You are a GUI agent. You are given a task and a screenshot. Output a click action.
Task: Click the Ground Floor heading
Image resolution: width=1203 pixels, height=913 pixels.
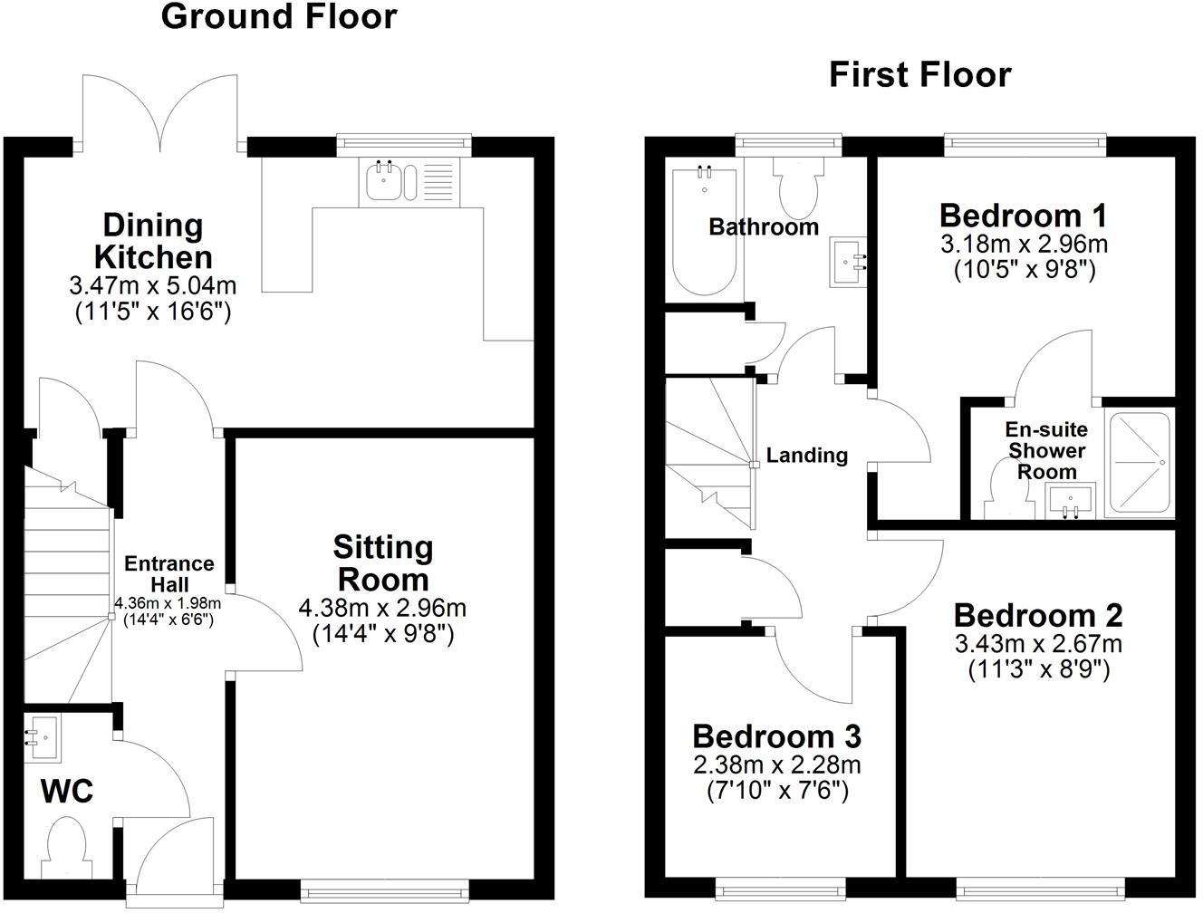tap(279, 16)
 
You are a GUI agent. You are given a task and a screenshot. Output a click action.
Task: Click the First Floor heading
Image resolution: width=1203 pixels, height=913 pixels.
tap(919, 74)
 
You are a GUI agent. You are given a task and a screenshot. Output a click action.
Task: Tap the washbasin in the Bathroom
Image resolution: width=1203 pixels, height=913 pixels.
tap(848, 262)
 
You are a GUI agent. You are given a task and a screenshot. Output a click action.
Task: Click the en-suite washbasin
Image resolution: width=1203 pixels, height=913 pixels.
tap(1071, 501)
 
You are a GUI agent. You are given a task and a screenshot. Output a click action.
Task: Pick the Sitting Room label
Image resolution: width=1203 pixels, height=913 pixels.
tap(383, 562)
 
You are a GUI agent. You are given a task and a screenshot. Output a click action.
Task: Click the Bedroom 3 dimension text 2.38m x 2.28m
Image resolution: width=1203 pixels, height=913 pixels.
tap(777, 765)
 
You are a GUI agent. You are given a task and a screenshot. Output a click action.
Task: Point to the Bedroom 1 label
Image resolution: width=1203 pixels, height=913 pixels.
tap(1023, 216)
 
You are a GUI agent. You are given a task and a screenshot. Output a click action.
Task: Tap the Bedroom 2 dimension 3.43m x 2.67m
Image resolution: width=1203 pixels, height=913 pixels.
tap(1038, 644)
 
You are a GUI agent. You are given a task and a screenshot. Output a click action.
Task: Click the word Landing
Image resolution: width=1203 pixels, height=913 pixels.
tap(806, 456)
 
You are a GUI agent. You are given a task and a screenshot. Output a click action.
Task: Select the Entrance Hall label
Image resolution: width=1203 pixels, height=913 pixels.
tap(168, 573)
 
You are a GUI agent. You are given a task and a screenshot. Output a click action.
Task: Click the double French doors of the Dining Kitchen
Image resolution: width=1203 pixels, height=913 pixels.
tap(163, 113)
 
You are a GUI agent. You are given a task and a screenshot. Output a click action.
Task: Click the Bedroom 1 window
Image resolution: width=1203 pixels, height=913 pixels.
tap(1025, 142)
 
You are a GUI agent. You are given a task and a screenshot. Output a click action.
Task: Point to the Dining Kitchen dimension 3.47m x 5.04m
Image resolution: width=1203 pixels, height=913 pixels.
tap(152, 286)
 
